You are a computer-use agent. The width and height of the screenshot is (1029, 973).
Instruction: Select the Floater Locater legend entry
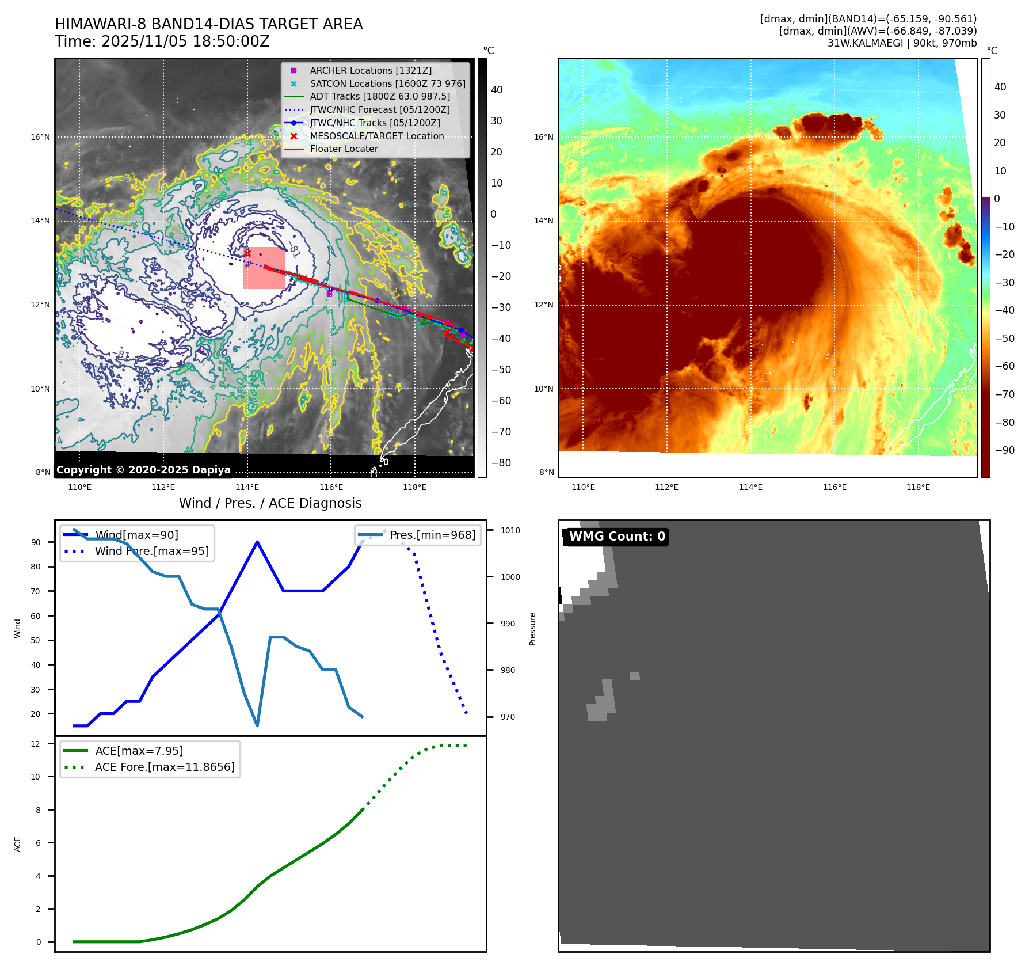point(344,149)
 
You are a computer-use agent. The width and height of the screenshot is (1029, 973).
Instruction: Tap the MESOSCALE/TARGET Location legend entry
point(376,136)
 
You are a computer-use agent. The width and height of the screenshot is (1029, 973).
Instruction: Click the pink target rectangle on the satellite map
point(264,268)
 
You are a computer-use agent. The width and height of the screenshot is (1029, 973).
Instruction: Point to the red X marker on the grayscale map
point(247,253)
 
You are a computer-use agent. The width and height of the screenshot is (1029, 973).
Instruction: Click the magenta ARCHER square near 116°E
point(329,294)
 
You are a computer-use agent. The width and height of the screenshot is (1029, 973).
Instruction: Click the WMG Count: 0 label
point(616,537)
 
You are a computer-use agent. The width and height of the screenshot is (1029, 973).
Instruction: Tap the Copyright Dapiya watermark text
point(143,470)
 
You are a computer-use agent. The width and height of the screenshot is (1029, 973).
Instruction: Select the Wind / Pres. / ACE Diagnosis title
point(270,503)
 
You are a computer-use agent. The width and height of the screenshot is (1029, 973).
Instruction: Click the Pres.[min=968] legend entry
point(432,535)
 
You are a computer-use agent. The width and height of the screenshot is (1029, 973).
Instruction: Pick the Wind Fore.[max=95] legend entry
point(152,552)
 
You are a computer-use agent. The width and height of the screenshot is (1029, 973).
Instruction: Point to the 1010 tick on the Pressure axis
point(510,530)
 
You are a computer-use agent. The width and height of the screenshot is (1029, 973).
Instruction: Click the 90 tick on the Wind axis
point(36,542)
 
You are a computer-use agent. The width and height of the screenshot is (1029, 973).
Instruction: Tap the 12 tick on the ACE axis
point(36,744)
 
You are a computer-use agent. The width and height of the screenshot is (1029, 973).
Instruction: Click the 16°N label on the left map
point(40,137)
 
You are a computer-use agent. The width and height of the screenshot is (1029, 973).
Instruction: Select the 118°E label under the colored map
point(918,488)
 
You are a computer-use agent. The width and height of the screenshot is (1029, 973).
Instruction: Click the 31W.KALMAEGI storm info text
point(902,43)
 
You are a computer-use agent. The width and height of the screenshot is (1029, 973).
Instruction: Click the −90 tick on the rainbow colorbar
point(1005,450)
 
